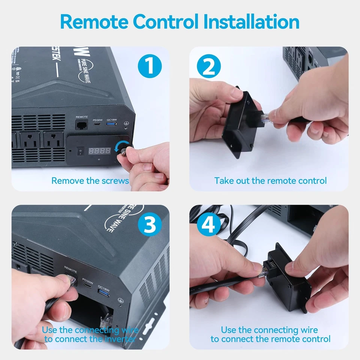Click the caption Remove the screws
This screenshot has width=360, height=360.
[x=90, y=181]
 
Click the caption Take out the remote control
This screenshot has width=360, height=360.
[x=270, y=181]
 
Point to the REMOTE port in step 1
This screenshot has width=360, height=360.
[x=82, y=125]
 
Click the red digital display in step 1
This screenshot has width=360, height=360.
[x=99, y=150]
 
